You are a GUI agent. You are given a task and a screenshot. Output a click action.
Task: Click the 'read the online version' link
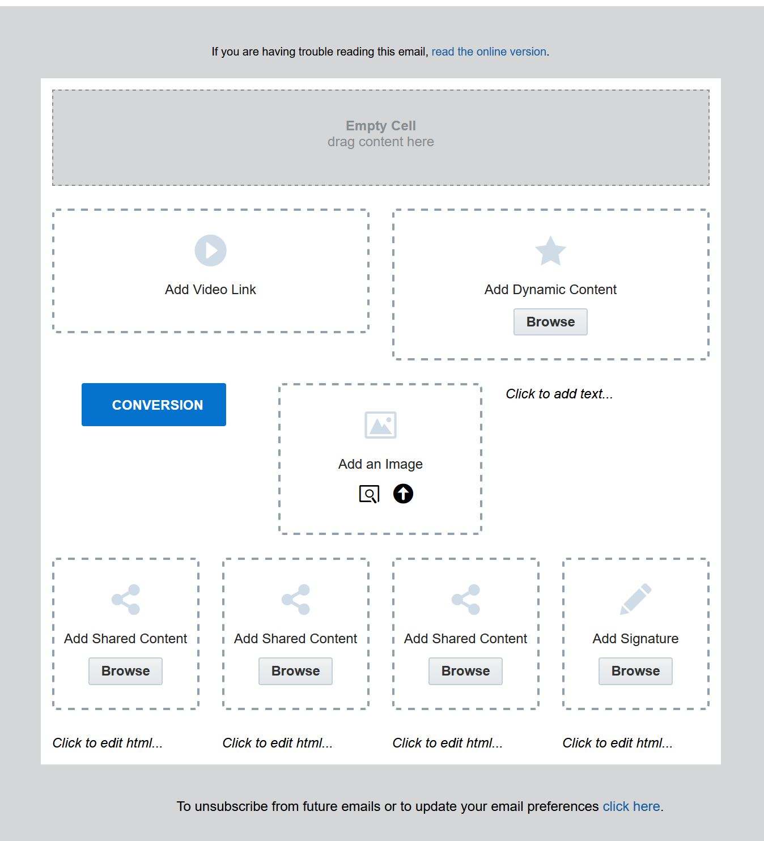pyautogui.click(x=489, y=52)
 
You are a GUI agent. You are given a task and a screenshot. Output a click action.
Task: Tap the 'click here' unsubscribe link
pyautogui.click(x=631, y=806)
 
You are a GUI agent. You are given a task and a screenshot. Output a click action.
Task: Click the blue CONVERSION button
pyautogui.click(x=154, y=405)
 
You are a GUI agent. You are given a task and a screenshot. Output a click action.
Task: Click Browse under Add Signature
pyautogui.click(x=635, y=671)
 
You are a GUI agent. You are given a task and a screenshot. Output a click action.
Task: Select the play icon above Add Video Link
pyautogui.click(x=210, y=250)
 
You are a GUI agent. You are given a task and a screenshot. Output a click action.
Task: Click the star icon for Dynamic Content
pyautogui.click(x=550, y=250)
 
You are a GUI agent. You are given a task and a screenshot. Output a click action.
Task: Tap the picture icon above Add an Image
pyautogui.click(x=380, y=424)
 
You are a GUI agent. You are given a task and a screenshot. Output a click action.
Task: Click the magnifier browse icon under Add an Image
pyautogui.click(x=369, y=494)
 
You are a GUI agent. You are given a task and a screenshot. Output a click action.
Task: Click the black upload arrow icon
pyautogui.click(x=403, y=494)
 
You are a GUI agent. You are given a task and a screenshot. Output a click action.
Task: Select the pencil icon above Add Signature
pyautogui.click(x=636, y=599)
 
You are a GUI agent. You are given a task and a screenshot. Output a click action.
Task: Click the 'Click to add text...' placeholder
pyautogui.click(x=559, y=394)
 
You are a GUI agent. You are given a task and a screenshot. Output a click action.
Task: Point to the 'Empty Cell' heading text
pyautogui.click(x=381, y=125)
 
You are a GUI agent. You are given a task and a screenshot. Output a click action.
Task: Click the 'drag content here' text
pyautogui.click(x=381, y=142)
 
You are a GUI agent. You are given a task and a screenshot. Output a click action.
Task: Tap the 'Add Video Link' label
pyautogui.click(x=210, y=289)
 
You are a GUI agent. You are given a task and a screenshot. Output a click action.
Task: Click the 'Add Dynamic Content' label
pyautogui.click(x=550, y=289)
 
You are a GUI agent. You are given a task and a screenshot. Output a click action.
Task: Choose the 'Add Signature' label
pyautogui.click(x=635, y=639)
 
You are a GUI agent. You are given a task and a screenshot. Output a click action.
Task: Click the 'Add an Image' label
pyautogui.click(x=380, y=464)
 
